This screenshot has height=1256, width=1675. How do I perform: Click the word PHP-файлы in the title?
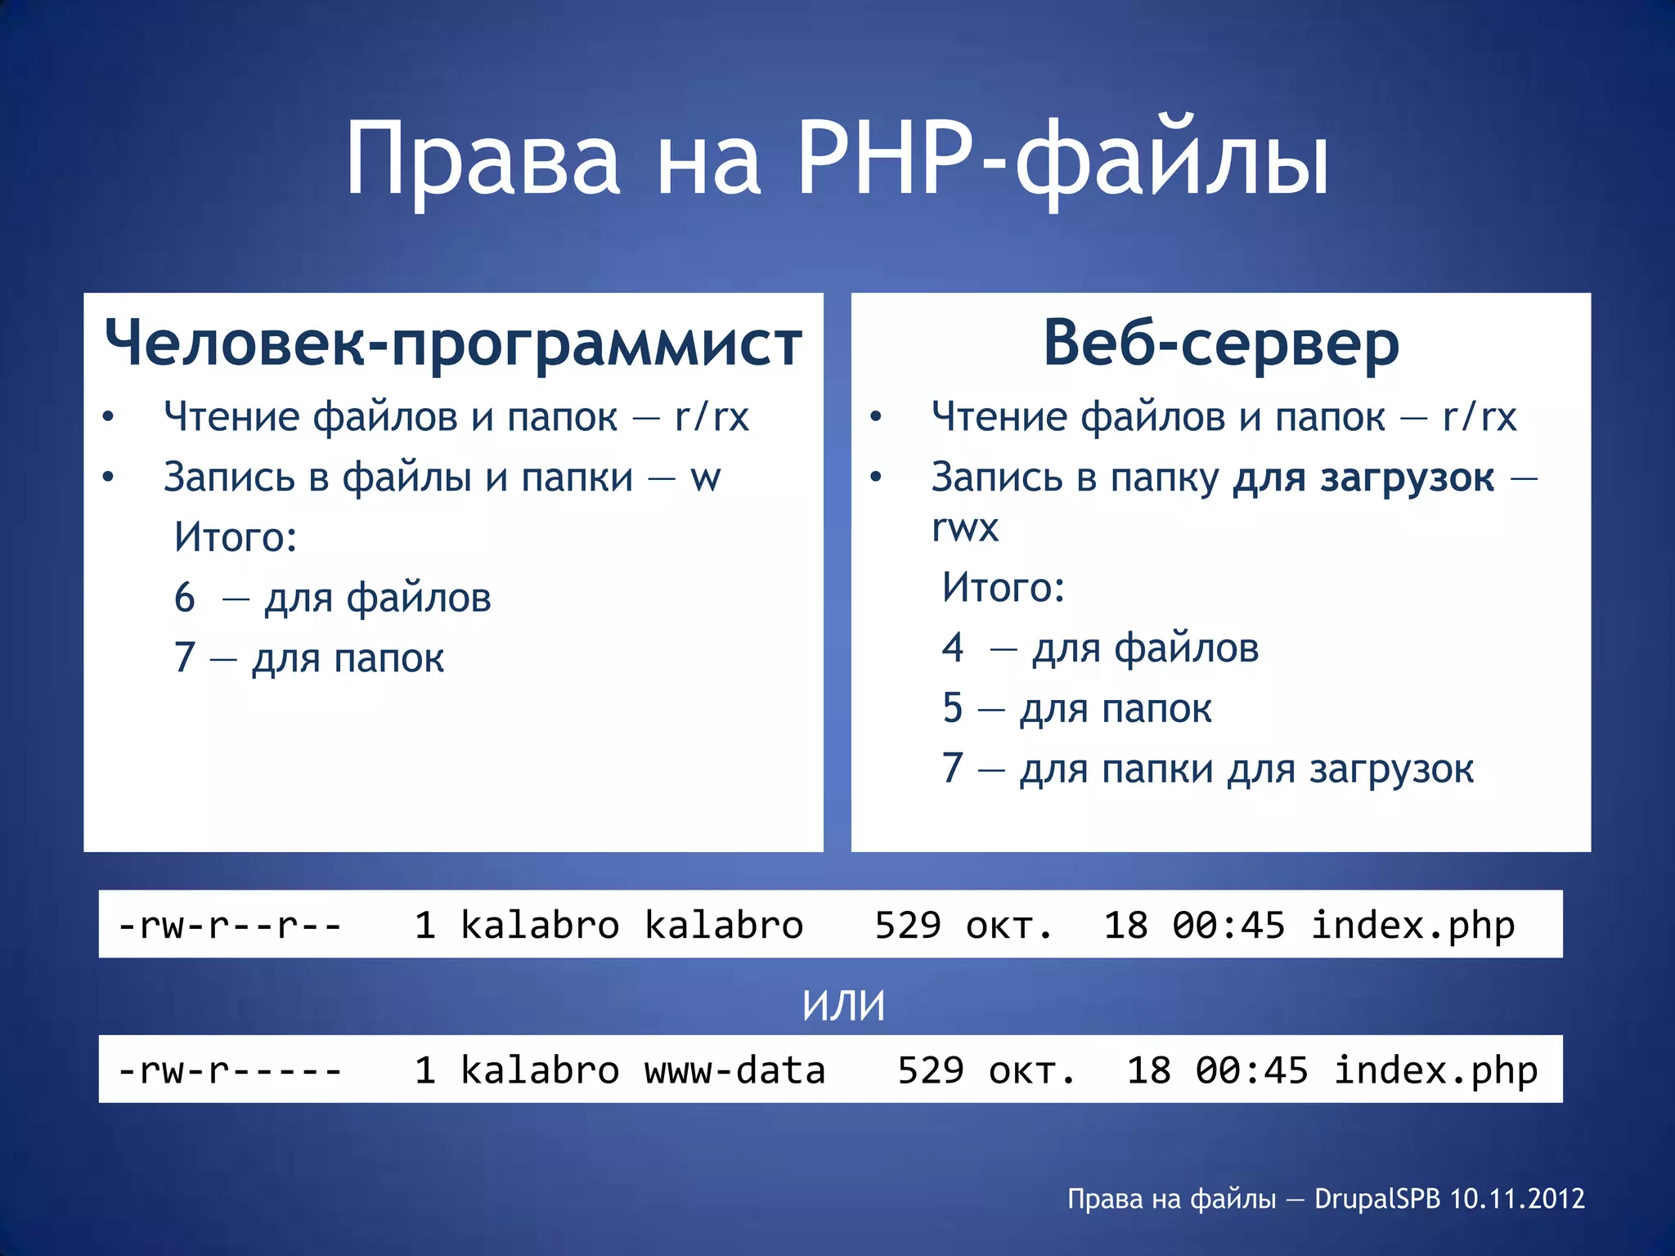[1063, 159]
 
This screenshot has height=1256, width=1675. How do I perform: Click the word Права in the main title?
[483, 159]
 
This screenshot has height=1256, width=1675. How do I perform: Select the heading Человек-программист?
[453, 343]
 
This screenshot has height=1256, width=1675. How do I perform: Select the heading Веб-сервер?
[1221, 343]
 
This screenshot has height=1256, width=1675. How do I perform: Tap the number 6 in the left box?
[185, 598]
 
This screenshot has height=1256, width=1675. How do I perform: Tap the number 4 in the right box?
[953, 648]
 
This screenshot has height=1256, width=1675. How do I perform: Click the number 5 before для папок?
[953, 708]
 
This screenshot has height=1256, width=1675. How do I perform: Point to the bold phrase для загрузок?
[1363, 478]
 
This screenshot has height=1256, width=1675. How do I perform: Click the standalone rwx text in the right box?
[965, 528]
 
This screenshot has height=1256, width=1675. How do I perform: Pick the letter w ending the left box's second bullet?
[705, 478]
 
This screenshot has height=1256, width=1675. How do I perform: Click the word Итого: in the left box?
[236, 537]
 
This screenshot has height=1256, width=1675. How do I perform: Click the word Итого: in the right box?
[1004, 587]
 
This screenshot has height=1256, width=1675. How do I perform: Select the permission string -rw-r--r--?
[230, 926]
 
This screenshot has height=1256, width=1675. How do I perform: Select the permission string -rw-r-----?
[230, 1070]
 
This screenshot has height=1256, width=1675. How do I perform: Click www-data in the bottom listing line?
[734, 1070]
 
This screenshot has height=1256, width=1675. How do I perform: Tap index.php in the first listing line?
[1412, 926]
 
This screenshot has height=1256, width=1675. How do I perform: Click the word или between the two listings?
[843, 1006]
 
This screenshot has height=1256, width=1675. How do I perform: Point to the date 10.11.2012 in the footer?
[1517, 1199]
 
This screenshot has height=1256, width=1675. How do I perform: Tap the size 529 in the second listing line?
[931, 1070]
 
